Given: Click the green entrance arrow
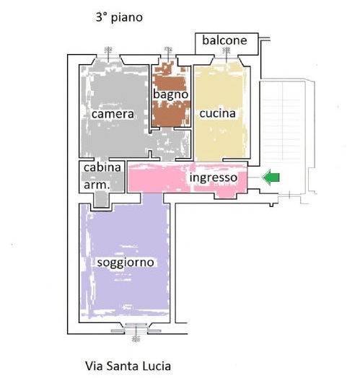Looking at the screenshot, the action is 271,177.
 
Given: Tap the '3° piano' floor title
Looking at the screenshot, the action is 119,17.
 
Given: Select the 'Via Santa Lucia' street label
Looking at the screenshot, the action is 128,366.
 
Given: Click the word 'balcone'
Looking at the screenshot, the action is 224,40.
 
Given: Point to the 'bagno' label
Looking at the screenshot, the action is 171,94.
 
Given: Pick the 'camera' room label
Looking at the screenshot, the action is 113,114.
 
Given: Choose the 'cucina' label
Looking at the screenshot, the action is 217,113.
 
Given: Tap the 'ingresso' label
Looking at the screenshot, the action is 214,178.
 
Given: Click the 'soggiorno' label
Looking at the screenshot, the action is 126,263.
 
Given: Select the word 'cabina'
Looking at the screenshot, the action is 102,167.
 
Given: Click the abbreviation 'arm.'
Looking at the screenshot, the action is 97,185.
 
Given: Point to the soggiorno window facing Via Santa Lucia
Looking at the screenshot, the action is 136,330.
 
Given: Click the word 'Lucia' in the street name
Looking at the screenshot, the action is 157,366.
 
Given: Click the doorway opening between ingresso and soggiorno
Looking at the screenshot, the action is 152,198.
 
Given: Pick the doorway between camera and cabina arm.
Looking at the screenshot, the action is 101,159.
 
